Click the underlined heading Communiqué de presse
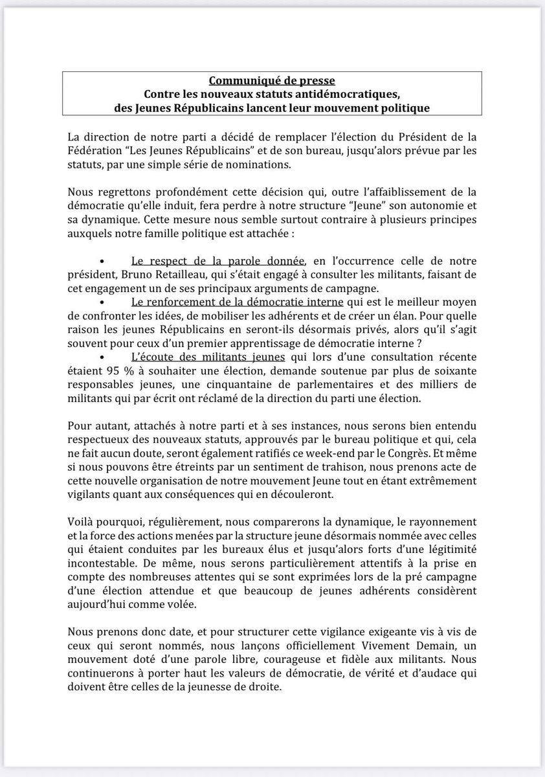(272, 81)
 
